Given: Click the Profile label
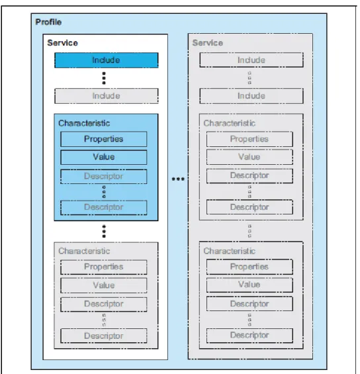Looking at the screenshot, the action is coord(48,22).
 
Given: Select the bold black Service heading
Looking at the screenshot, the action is coord(62,43).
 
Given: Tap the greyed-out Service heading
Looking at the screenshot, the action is coord(208,43).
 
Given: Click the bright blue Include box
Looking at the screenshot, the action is coord(107,60).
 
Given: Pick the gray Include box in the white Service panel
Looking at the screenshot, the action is coord(107,96).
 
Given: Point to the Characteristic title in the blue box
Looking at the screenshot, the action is coord(84,123).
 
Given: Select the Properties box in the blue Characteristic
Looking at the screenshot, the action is coord(104,139).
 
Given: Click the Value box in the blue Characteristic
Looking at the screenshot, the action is coord(104,157).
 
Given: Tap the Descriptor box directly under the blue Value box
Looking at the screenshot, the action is coord(104,177).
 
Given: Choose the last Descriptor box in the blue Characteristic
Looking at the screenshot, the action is coord(104,207).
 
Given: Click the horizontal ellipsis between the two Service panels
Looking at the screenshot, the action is coord(178,179).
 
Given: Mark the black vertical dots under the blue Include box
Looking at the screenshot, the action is coord(104,78).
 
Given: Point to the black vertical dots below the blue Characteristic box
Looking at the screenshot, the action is coord(104,232).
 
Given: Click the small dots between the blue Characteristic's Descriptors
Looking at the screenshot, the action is coord(104,192).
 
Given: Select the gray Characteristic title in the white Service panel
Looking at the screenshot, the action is coord(84,251).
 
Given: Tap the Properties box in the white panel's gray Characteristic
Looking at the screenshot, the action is coord(104,267).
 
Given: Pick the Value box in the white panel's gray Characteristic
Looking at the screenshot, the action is coord(104,285).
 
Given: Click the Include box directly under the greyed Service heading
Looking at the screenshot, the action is coord(251,60).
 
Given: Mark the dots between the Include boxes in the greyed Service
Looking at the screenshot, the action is coord(249,78).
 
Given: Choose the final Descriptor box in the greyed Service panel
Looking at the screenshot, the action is coord(249,336).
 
